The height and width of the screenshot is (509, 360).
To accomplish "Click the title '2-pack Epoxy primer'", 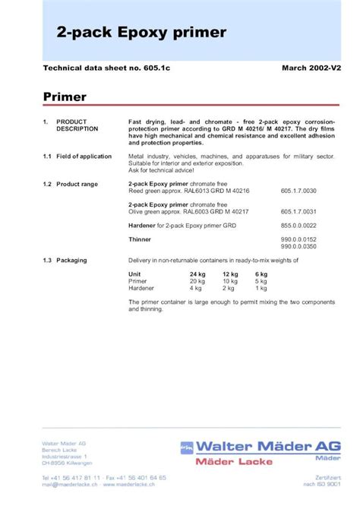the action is [x=141, y=33].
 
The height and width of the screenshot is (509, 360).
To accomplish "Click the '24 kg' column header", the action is [x=197, y=273].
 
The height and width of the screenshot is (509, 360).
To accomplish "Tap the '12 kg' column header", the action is [x=229, y=273].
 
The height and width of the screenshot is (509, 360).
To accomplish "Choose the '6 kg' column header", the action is [x=261, y=273].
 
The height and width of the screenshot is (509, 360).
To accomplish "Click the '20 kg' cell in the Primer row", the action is [x=197, y=280].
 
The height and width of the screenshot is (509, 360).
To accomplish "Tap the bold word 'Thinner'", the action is [x=141, y=239].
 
